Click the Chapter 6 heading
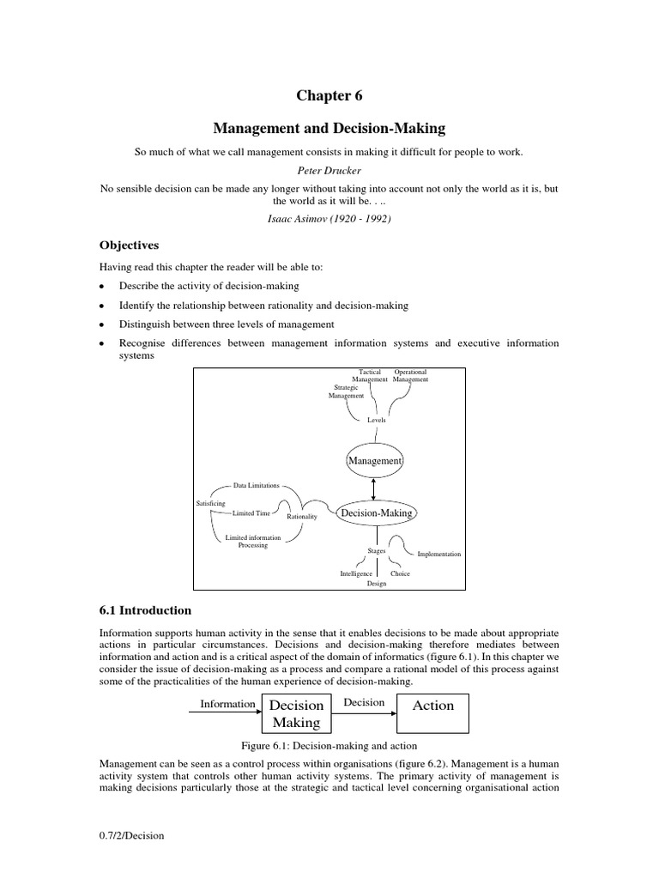point(329,95)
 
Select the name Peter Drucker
point(329,170)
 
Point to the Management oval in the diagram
point(374,461)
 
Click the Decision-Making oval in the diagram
point(377,513)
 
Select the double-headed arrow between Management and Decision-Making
point(374,486)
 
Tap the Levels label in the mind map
point(377,420)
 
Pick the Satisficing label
point(213,502)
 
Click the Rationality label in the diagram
point(302,517)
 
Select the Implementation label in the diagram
point(438,555)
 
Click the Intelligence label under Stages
point(356,573)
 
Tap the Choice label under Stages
point(400,573)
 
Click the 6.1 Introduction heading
point(147,610)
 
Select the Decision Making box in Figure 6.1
point(296,713)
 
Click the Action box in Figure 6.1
point(433,706)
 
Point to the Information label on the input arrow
point(227,704)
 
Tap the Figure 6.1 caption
point(329,745)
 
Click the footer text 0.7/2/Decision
point(131,835)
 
